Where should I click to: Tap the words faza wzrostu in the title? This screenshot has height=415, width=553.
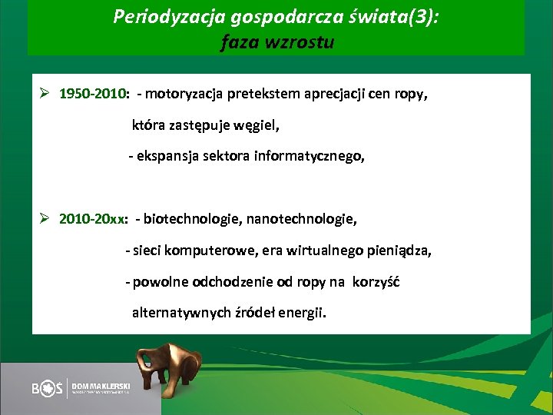tap(276, 42)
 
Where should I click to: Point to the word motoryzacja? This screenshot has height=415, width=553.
tap(184, 95)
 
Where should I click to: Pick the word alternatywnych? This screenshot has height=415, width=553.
tap(181, 313)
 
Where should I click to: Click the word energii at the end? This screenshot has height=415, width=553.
tap(304, 313)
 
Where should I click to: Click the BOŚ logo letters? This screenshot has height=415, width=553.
tap(48, 389)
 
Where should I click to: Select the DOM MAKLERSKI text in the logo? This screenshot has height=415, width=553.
tap(101, 384)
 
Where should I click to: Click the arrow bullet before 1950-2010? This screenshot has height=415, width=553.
tap(46, 95)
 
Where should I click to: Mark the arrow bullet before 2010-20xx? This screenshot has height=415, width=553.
tap(46, 220)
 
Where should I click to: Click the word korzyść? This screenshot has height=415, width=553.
tap(376, 282)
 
